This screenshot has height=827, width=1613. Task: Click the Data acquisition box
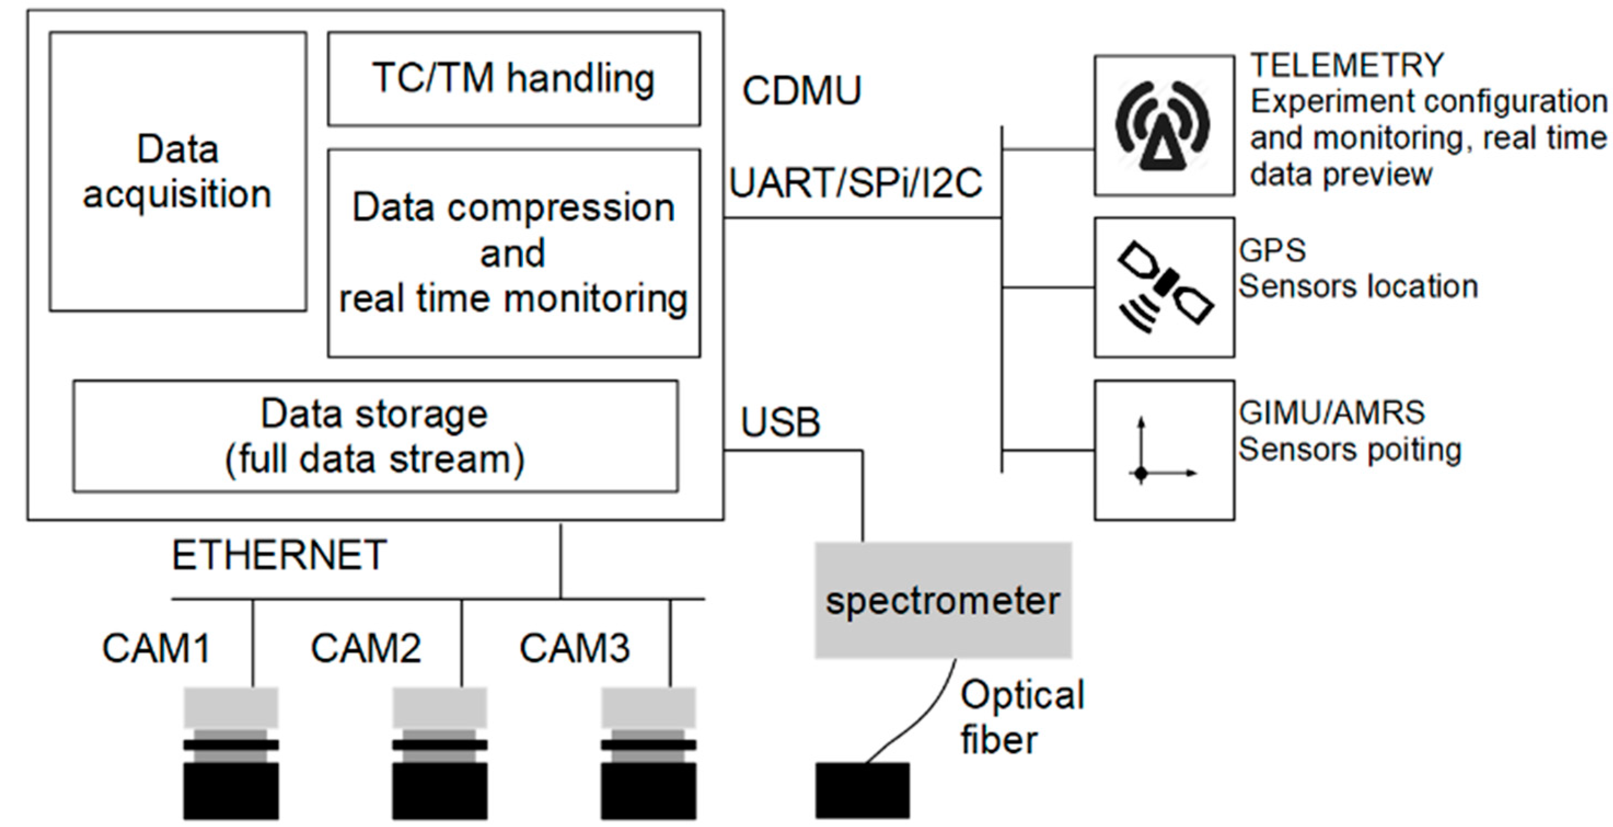pyautogui.click(x=178, y=171)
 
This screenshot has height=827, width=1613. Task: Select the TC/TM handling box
pyautogui.click(x=513, y=79)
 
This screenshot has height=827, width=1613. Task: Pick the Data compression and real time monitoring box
pyautogui.click(x=513, y=253)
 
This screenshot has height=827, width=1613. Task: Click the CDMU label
pyautogui.click(x=802, y=91)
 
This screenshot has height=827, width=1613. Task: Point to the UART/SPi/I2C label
pyautogui.click(x=856, y=183)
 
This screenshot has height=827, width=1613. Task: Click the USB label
pyautogui.click(x=780, y=423)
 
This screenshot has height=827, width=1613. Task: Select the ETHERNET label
pyautogui.click(x=279, y=555)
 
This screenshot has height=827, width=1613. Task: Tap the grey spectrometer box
pyautogui.click(x=943, y=600)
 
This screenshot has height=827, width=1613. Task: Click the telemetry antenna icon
pyautogui.click(x=1163, y=126)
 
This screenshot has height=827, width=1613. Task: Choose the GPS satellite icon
pyautogui.click(x=1165, y=287)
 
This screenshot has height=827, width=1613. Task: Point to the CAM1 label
pyautogui.click(x=156, y=648)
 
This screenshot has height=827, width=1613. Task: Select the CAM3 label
pyautogui.click(x=574, y=648)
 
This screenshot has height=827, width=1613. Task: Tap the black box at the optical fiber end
pyautogui.click(x=862, y=790)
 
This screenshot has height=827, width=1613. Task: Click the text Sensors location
pyautogui.click(x=1357, y=287)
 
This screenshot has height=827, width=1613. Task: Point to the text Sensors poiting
pyautogui.click(x=1349, y=450)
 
